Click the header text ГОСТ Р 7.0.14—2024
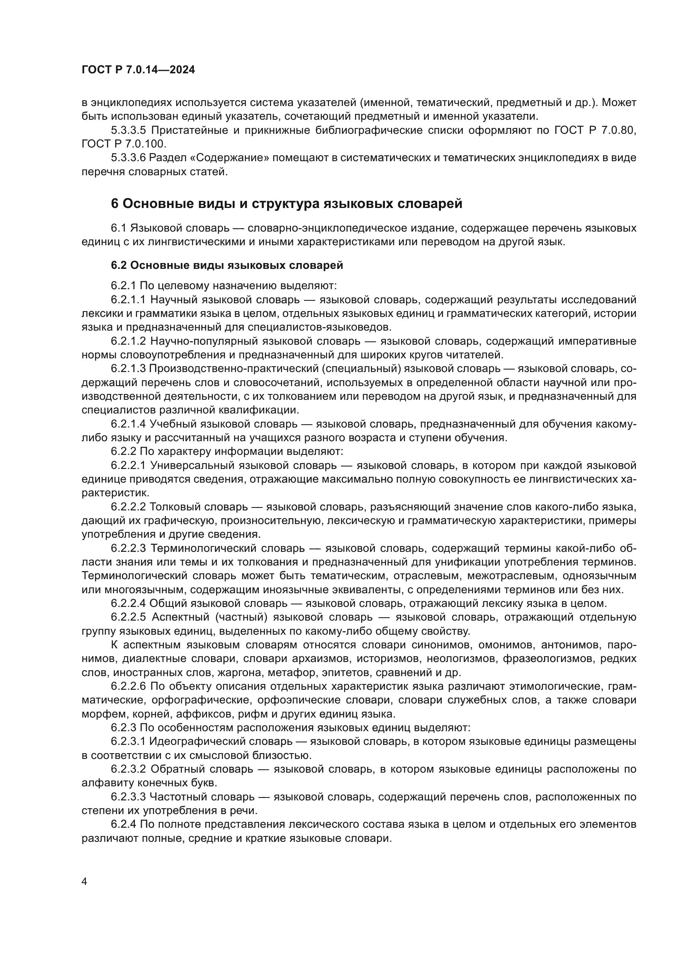click(x=138, y=70)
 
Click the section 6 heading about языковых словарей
click(x=287, y=203)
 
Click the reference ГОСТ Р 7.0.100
click(x=124, y=144)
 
